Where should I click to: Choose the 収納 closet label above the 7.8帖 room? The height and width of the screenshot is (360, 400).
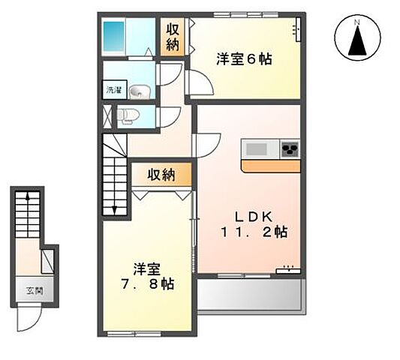coord(161,175)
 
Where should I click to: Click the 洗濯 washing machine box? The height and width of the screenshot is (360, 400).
coord(112,90)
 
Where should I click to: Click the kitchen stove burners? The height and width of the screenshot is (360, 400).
coord(289,148)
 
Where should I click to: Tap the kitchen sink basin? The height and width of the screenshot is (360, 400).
coord(254,148)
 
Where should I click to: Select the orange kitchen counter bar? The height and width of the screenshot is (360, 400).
coord(271,166)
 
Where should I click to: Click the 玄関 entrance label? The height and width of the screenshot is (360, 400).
coord(26,291)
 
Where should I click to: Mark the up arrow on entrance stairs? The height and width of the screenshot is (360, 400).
coord(28,197)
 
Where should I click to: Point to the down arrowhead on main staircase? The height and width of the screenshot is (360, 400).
coord(114,211)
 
